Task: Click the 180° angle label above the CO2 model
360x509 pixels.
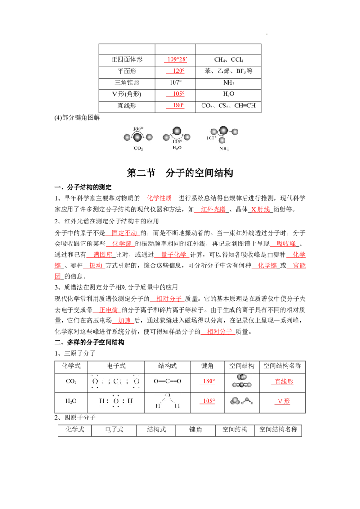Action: coord(138,129)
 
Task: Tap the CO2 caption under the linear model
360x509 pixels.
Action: coord(138,149)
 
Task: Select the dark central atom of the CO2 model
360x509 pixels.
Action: coord(137,138)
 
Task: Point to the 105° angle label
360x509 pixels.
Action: coord(177,142)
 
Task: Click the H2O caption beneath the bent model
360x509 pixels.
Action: coord(177,148)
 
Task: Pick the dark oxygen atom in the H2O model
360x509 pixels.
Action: coord(177,131)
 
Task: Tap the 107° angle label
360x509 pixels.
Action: coord(211,138)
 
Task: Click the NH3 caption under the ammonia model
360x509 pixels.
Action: coord(224,149)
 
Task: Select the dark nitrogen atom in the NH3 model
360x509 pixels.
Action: coord(224,130)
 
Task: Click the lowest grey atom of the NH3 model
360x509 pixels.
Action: coord(222,140)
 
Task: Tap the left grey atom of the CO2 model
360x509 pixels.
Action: coord(127,138)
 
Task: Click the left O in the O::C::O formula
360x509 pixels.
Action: coord(95,382)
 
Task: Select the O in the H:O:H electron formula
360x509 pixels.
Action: coord(116,401)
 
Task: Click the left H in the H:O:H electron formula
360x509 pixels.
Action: coord(102,401)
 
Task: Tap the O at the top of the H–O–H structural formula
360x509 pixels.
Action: coord(167,395)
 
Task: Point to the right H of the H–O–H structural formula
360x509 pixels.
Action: coord(177,406)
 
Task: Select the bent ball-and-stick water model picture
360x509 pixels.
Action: coord(241,401)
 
